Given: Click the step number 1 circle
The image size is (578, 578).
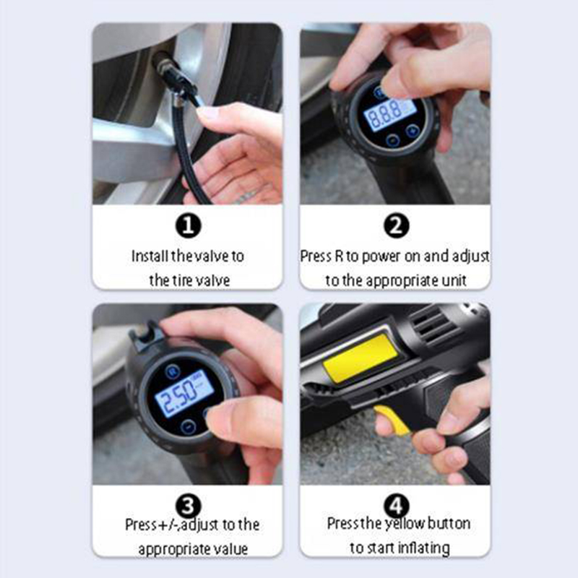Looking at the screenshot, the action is [x=189, y=225].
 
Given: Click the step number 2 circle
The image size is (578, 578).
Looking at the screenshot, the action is [x=396, y=225].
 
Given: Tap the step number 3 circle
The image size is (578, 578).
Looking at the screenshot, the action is [x=189, y=505].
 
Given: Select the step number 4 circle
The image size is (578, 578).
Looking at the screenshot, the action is [x=396, y=505].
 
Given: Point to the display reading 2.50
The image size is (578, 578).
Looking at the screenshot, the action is [x=184, y=393].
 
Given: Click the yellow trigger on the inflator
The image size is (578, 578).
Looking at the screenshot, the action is [x=392, y=420].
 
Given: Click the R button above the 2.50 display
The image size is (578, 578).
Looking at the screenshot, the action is [x=172, y=371].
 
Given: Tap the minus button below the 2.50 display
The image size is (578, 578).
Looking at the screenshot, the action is [x=189, y=427].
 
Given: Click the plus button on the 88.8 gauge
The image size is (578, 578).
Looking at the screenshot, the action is [x=412, y=130].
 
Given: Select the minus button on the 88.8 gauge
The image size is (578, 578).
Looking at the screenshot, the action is [x=392, y=140].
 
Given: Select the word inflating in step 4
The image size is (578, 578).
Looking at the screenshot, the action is [x=425, y=548].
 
